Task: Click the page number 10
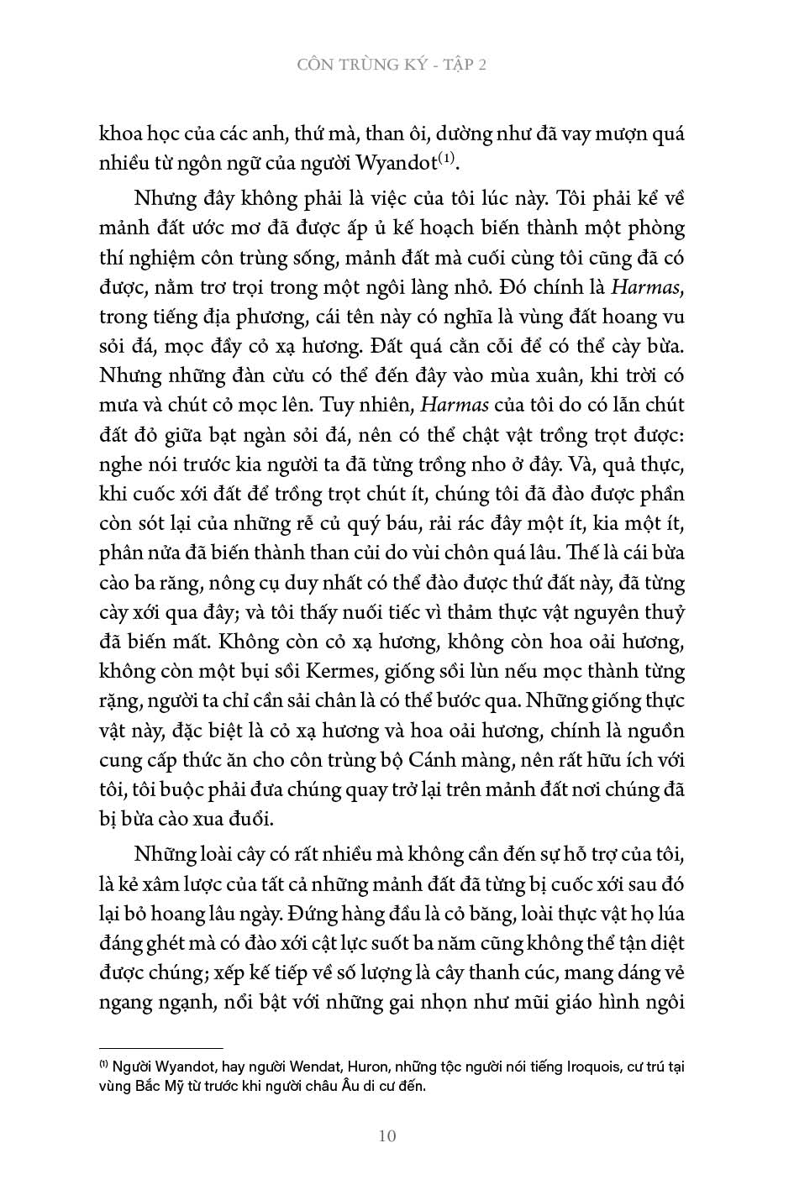point(387,1137)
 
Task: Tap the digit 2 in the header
point(482,65)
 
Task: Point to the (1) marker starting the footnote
point(104,1064)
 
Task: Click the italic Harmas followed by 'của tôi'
point(455,405)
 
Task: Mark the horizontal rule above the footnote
point(161,1048)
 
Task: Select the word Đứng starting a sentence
point(316,913)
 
